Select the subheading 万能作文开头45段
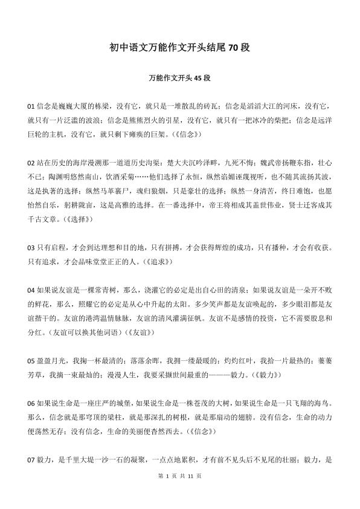click(179, 79)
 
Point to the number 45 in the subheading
click(199, 79)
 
